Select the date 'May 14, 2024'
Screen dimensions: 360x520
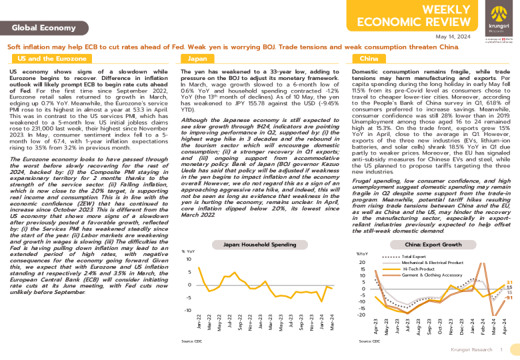click(454, 36)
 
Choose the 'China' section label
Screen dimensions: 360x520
click(369, 59)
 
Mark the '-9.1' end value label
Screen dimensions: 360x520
click(509, 298)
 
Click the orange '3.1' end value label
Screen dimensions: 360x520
click(509, 283)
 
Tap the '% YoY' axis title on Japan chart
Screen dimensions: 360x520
click(187, 251)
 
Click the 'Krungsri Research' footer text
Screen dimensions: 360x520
click(470, 349)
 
